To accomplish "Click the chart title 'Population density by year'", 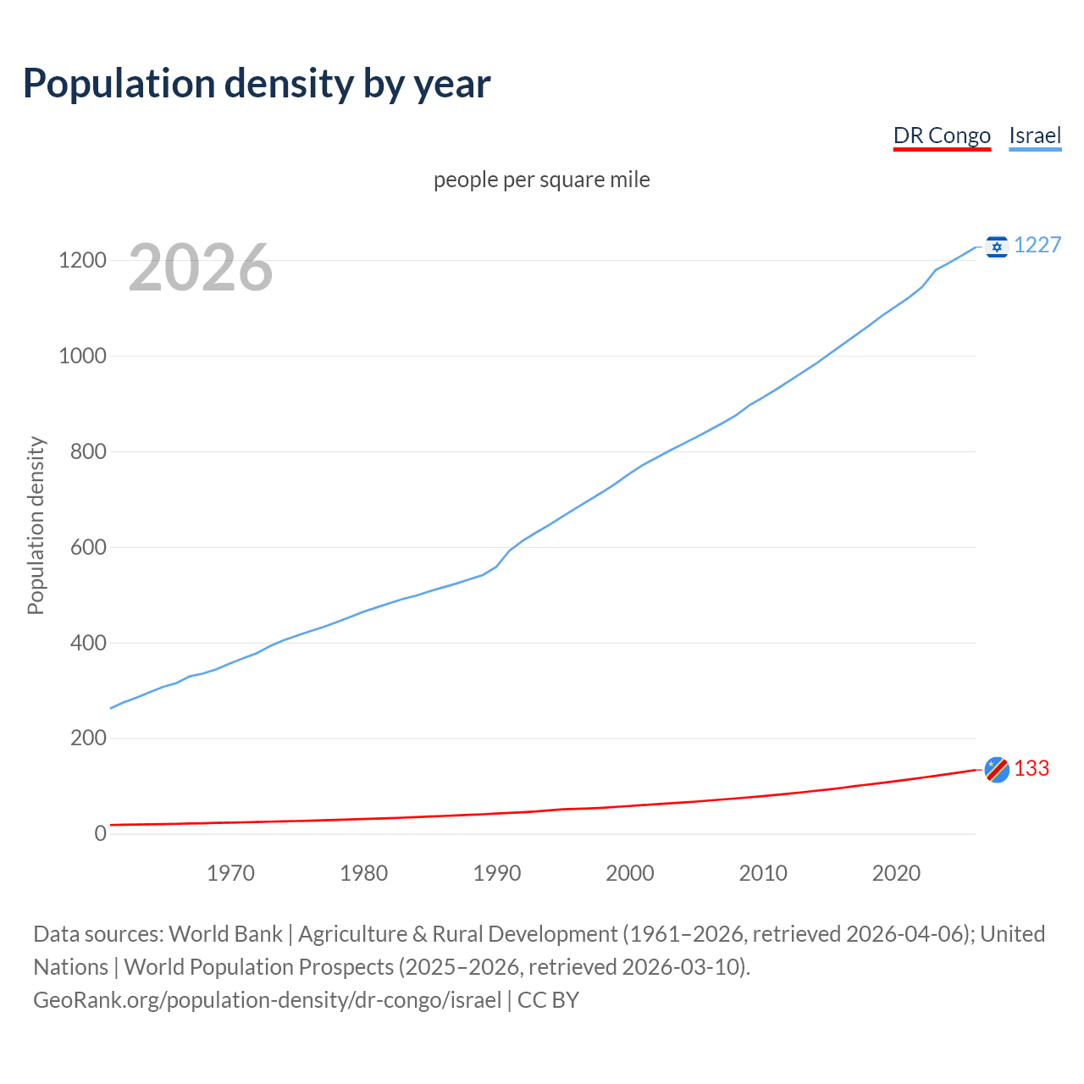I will coord(257,83).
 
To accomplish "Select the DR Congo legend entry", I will coord(942,135).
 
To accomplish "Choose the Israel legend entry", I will coord(1035,135).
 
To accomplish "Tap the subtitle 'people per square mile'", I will coord(541,180).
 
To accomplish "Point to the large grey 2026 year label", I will coord(201,268).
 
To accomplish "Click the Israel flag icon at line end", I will coord(997,246).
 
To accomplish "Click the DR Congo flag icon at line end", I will coord(997,769).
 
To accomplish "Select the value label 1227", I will coord(1037,245).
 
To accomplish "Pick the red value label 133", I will coord(1031,768).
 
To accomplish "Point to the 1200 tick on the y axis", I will coord(82,260).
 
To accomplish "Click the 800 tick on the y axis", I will coord(88,451).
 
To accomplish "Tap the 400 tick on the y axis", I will coord(88,643).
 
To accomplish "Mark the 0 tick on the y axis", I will coord(101,833).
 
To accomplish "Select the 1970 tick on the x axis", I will coord(230,873).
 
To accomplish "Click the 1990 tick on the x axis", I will coord(497,873).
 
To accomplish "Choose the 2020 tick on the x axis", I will coord(896,873).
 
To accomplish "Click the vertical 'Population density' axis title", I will coord(36,525).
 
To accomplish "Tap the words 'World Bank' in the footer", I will coord(225,934).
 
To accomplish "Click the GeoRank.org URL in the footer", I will coord(267,1000).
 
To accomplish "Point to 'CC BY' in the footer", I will coord(548,1000).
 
